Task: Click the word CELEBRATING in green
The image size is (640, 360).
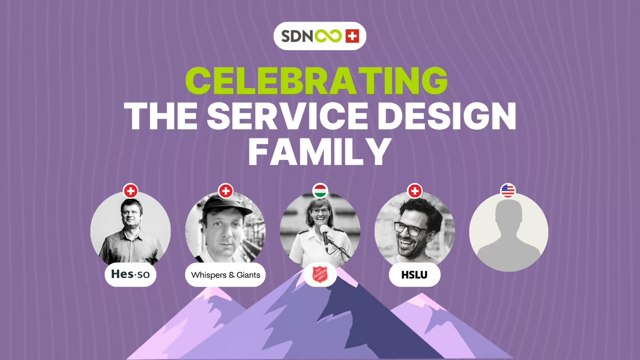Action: (x=316, y=81)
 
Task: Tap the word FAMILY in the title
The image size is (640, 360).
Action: (x=320, y=152)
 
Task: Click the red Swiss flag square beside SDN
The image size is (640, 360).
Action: (x=352, y=36)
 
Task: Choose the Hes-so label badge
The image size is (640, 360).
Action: (x=130, y=274)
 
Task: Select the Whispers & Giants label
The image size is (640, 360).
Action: (x=226, y=275)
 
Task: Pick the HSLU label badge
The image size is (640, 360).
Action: (x=414, y=275)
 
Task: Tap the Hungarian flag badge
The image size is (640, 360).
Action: (x=320, y=191)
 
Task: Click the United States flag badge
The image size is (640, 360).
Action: (x=508, y=191)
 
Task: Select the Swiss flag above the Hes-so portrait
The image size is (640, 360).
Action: (x=130, y=191)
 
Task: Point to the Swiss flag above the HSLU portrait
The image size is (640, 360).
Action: (x=415, y=191)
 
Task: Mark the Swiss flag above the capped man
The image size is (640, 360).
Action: (x=226, y=191)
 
